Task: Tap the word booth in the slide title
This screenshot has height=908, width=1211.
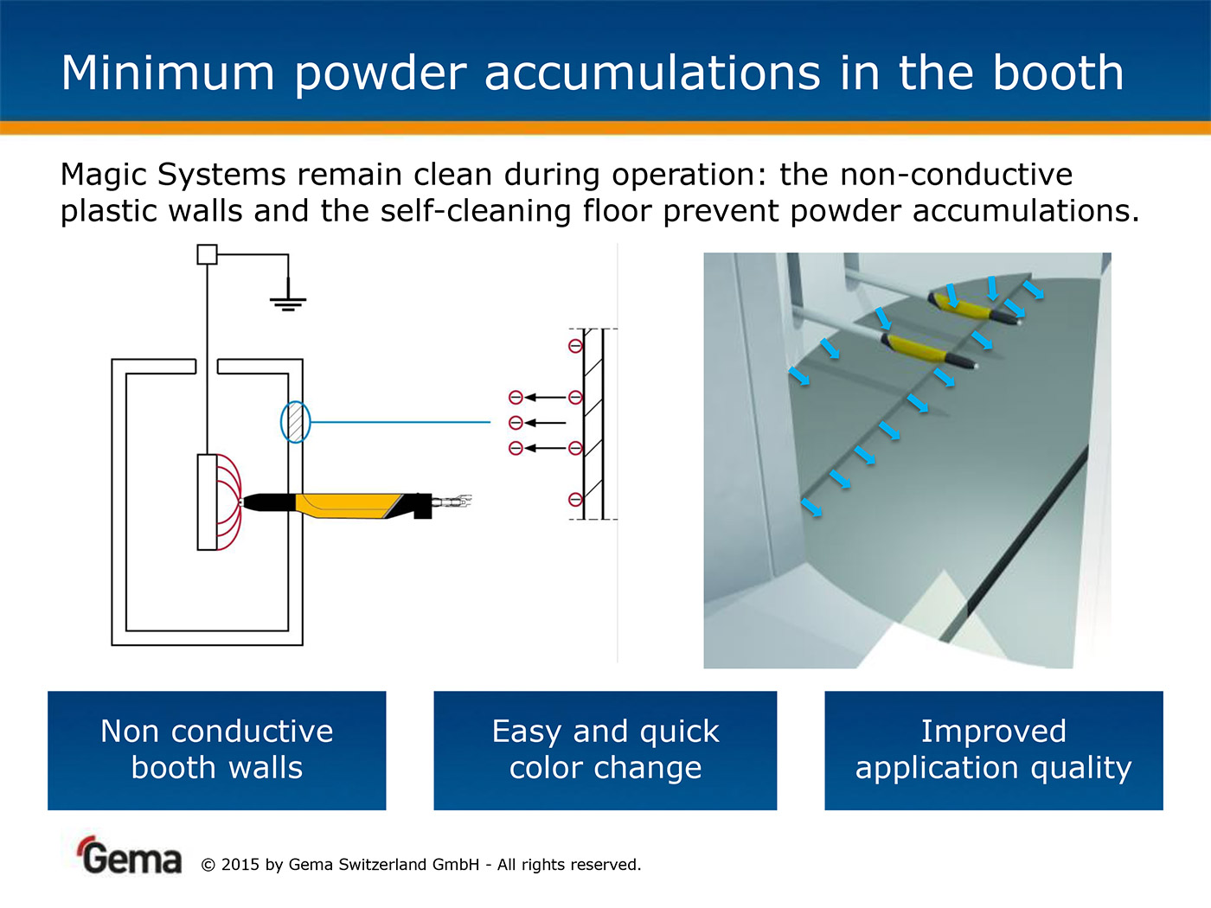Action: pos(1057,73)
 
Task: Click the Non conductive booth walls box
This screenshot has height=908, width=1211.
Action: pos(216,750)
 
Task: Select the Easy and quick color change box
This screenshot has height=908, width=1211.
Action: pos(605,750)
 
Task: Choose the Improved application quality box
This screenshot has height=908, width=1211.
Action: pos(993,750)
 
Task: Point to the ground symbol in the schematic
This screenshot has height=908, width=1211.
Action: pos(288,302)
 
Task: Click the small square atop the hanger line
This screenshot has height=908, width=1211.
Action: pos(207,254)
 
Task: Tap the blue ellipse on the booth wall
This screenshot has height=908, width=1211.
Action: pos(295,422)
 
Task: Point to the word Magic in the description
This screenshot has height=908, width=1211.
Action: pos(104,175)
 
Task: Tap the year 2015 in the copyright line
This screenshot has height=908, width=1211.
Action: pos(240,865)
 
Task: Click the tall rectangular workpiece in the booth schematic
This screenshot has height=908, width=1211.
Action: pos(207,502)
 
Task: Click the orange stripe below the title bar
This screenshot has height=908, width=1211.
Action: pos(605,128)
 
